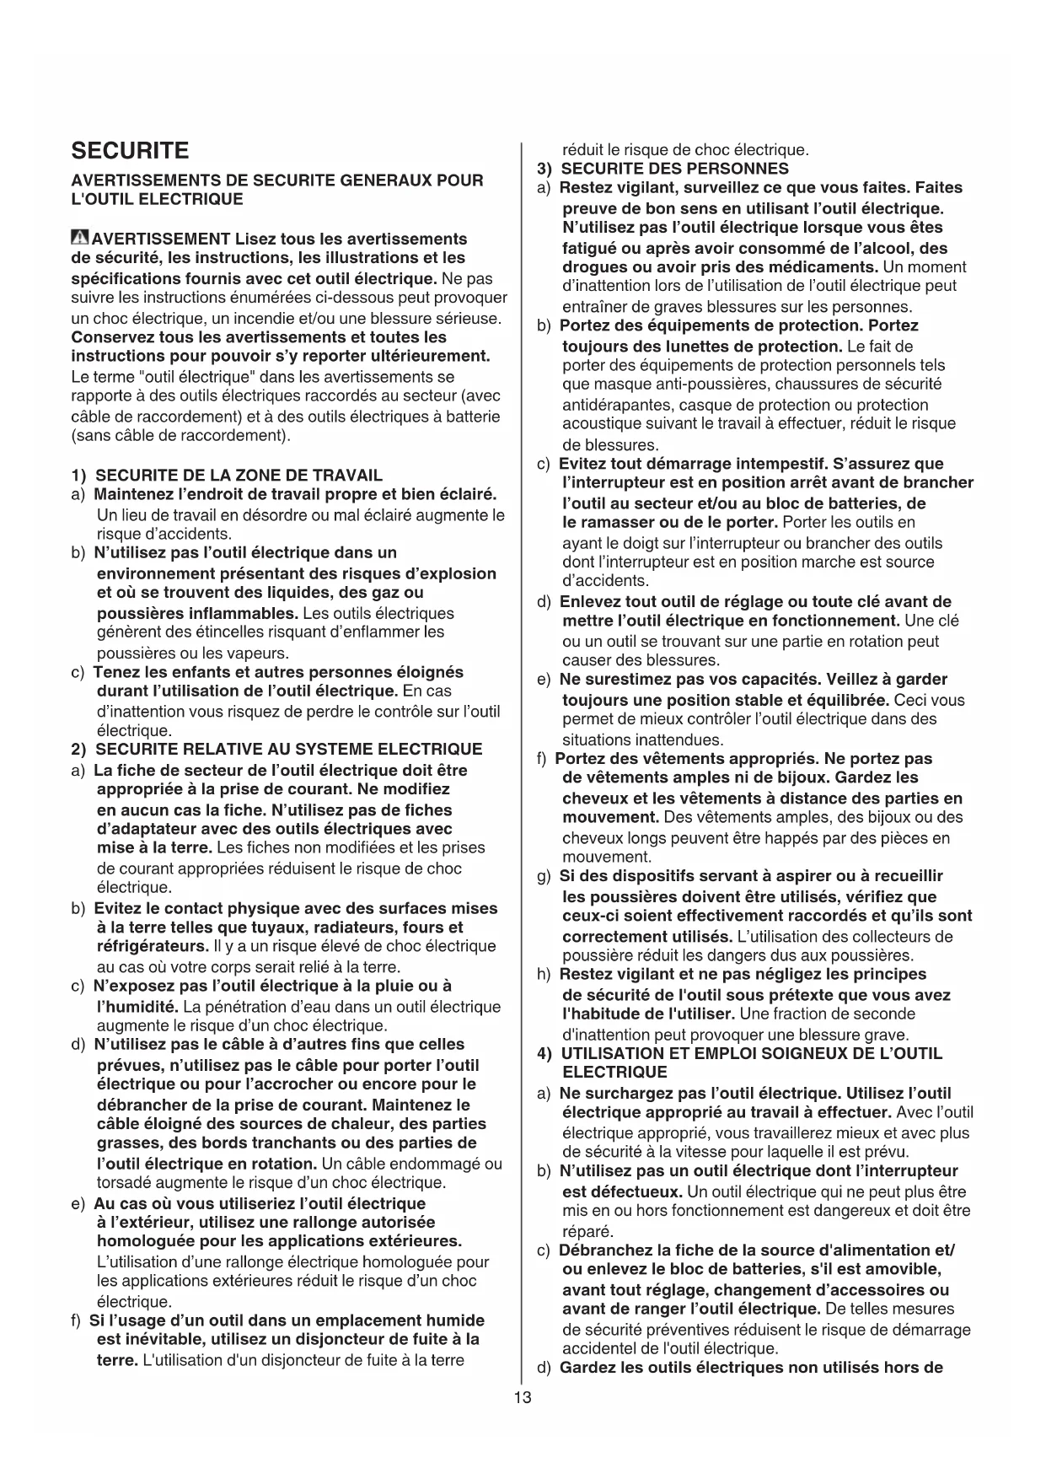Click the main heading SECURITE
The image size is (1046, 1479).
(131, 151)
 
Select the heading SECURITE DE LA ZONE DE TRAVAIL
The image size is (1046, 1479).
(239, 476)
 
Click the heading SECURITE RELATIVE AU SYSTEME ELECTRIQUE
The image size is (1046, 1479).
(289, 750)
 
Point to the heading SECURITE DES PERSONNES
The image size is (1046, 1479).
(674, 169)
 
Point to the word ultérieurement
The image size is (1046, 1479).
(426, 357)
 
